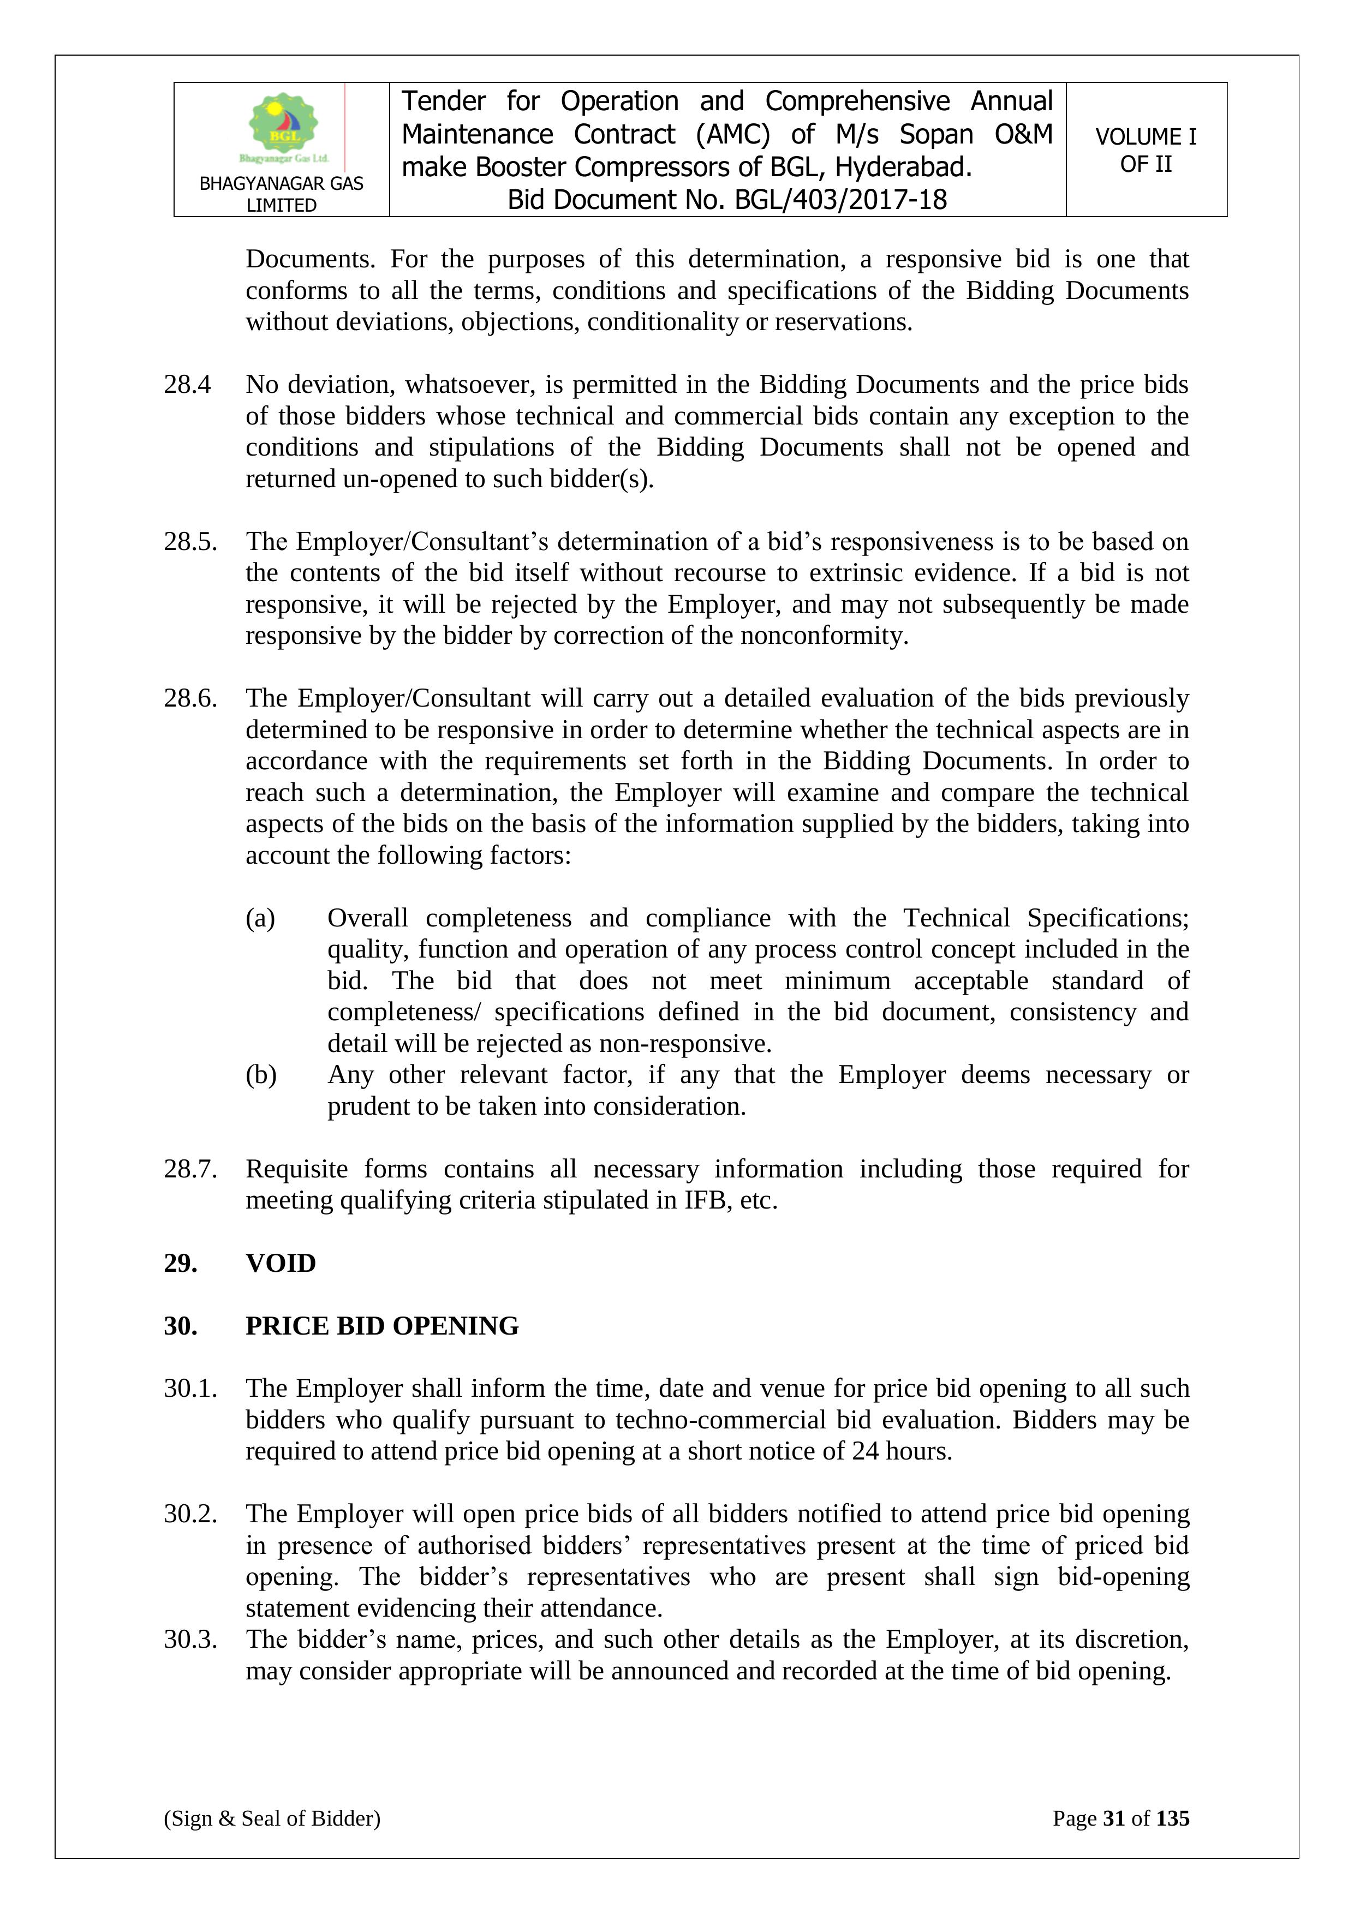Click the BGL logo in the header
pos(283,127)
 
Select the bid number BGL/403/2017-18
pos(840,200)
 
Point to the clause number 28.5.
pos(190,542)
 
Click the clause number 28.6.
pos(190,698)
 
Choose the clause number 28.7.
pos(190,1169)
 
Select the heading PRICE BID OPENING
pos(382,1325)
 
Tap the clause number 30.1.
pos(190,1388)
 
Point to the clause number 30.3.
pos(190,1639)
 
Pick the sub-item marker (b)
pos(260,1074)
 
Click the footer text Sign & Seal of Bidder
pos(272,1818)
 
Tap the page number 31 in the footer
pos(1114,1818)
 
